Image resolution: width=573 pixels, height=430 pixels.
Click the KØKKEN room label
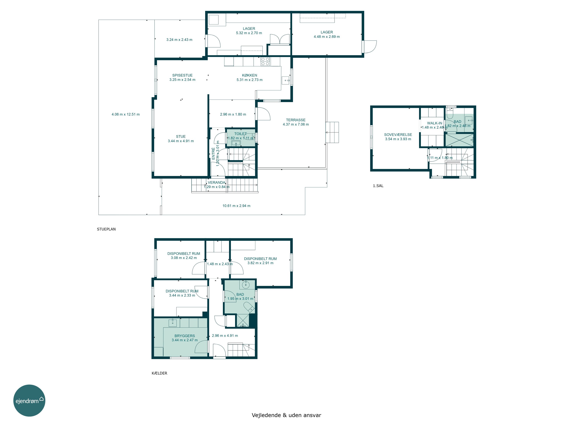pyautogui.click(x=249, y=75)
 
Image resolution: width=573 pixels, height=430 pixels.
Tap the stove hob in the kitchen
pyautogui.click(x=265, y=61)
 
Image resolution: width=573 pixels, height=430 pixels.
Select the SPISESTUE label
pyautogui.click(x=182, y=75)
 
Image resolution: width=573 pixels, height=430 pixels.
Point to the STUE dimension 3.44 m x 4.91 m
pyautogui.click(x=181, y=141)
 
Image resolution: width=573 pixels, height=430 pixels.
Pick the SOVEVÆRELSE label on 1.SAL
pyautogui.click(x=398, y=135)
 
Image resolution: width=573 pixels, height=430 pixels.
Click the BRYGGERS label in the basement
pyautogui.click(x=185, y=336)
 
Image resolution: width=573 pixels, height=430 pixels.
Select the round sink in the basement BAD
pyautogui.click(x=245, y=285)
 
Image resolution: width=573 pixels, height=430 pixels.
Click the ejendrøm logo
pyautogui.click(x=29, y=400)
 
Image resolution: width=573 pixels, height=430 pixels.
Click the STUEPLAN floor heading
pyautogui.click(x=106, y=229)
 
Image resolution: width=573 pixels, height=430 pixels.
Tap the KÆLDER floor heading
pyautogui.click(x=159, y=373)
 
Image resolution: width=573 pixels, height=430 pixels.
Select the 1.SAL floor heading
pyautogui.click(x=378, y=186)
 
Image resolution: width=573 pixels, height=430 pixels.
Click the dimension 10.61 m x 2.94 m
pyautogui.click(x=236, y=206)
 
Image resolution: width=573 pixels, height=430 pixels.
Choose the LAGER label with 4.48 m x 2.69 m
pyautogui.click(x=327, y=32)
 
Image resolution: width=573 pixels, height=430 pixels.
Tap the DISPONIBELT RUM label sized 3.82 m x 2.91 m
pyautogui.click(x=260, y=259)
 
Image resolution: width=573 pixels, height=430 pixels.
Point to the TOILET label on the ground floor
pyautogui.click(x=240, y=134)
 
